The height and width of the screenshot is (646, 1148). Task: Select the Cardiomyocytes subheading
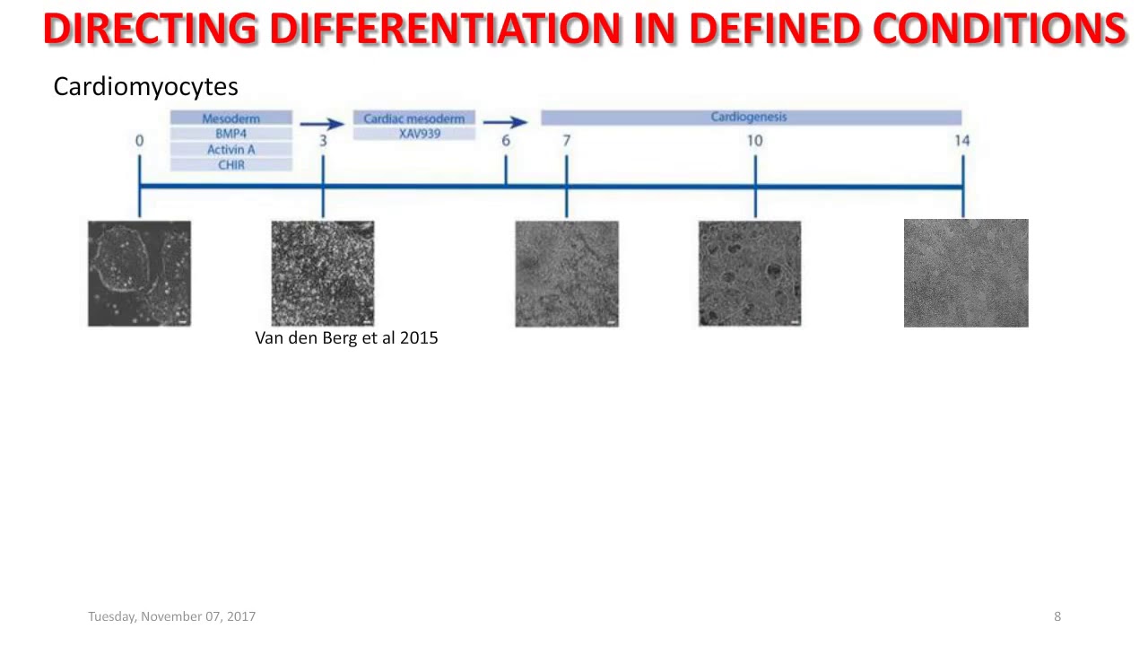[145, 86]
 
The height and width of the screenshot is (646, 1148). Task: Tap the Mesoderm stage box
[231, 118]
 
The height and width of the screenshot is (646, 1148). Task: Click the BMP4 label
[231, 134]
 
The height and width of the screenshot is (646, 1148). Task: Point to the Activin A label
[231, 149]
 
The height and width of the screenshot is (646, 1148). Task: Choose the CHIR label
[231, 165]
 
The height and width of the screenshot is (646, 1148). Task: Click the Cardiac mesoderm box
[413, 118]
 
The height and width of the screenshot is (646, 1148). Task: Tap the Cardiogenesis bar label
[749, 117]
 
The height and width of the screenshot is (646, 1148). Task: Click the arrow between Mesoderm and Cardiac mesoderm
[321, 124]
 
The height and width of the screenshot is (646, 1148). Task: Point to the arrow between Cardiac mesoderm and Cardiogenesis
[505, 122]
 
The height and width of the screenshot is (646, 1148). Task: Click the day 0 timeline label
[139, 141]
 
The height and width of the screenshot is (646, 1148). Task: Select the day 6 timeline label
[506, 141]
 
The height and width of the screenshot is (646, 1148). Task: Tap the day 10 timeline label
[754, 141]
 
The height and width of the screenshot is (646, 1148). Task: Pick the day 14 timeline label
[961, 141]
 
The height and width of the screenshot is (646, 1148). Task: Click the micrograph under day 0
[139, 274]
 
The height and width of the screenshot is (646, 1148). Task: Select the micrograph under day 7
[567, 274]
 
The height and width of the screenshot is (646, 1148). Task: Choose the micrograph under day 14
[966, 273]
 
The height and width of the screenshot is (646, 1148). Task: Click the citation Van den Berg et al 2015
[346, 338]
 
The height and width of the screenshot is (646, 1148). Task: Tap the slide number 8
[1057, 616]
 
